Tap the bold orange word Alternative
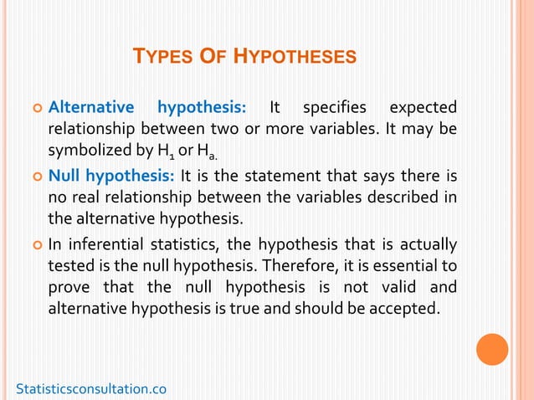(91, 107)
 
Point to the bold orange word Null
(67, 175)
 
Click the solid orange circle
(491, 350)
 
